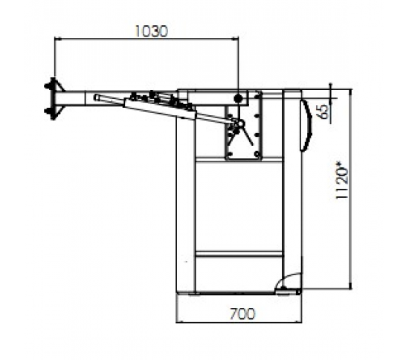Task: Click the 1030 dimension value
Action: [x=152, y=31]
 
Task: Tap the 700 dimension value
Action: [x=242, y=314]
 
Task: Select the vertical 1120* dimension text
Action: [x=342, y=181]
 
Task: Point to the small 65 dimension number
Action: [x=324, y=112]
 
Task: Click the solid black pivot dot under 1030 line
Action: [x=238, y=99]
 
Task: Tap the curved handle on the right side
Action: [x=306, y=126]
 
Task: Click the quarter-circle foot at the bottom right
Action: [x=289, y=281]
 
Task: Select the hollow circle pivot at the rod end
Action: [x=240, y=123]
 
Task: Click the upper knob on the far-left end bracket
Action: [x=47, y=86]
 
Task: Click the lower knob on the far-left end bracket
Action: [x=47, y=112]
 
